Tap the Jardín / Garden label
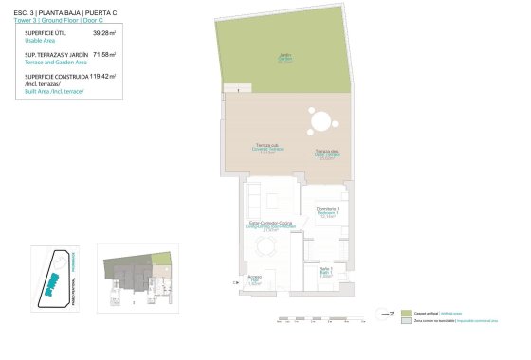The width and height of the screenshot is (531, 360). tap(284, 57)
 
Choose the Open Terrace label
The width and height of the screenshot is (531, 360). tap(328, 156)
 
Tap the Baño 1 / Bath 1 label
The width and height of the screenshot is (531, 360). tap(325, 274)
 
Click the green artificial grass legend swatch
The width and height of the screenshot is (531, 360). tap(406, 313)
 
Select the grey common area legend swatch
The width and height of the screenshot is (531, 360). tap(406, 322)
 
